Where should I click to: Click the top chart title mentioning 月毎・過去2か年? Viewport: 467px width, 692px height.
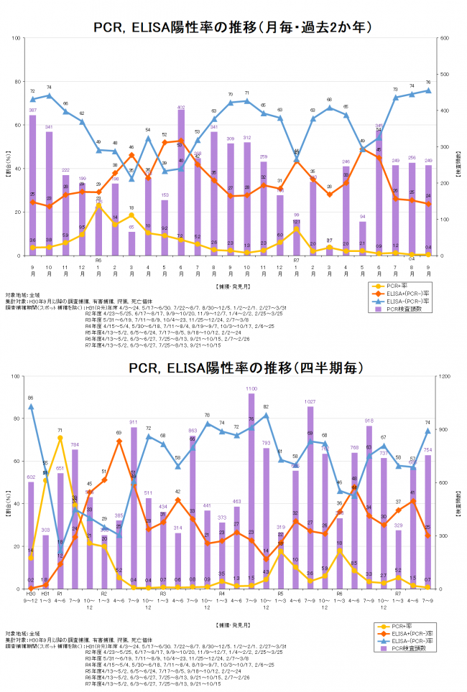click(x=233, y=27)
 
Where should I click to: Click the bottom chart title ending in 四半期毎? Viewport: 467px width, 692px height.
click(x=233, y=368)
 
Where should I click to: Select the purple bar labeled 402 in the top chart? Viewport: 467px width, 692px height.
click(x=181, y=182)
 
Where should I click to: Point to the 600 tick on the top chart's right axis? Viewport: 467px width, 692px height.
click(x=445, y=38)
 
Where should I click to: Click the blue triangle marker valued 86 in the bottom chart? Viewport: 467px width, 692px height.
click(x=31, y=406)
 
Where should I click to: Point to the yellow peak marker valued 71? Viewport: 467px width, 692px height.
click(x=60, y=438)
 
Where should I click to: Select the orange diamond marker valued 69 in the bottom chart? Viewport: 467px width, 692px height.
click(x=119, y=441)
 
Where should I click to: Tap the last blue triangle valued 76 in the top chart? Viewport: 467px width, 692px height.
click(x=428, y=90)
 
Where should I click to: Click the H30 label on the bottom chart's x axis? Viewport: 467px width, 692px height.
click(x=31, y=594)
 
